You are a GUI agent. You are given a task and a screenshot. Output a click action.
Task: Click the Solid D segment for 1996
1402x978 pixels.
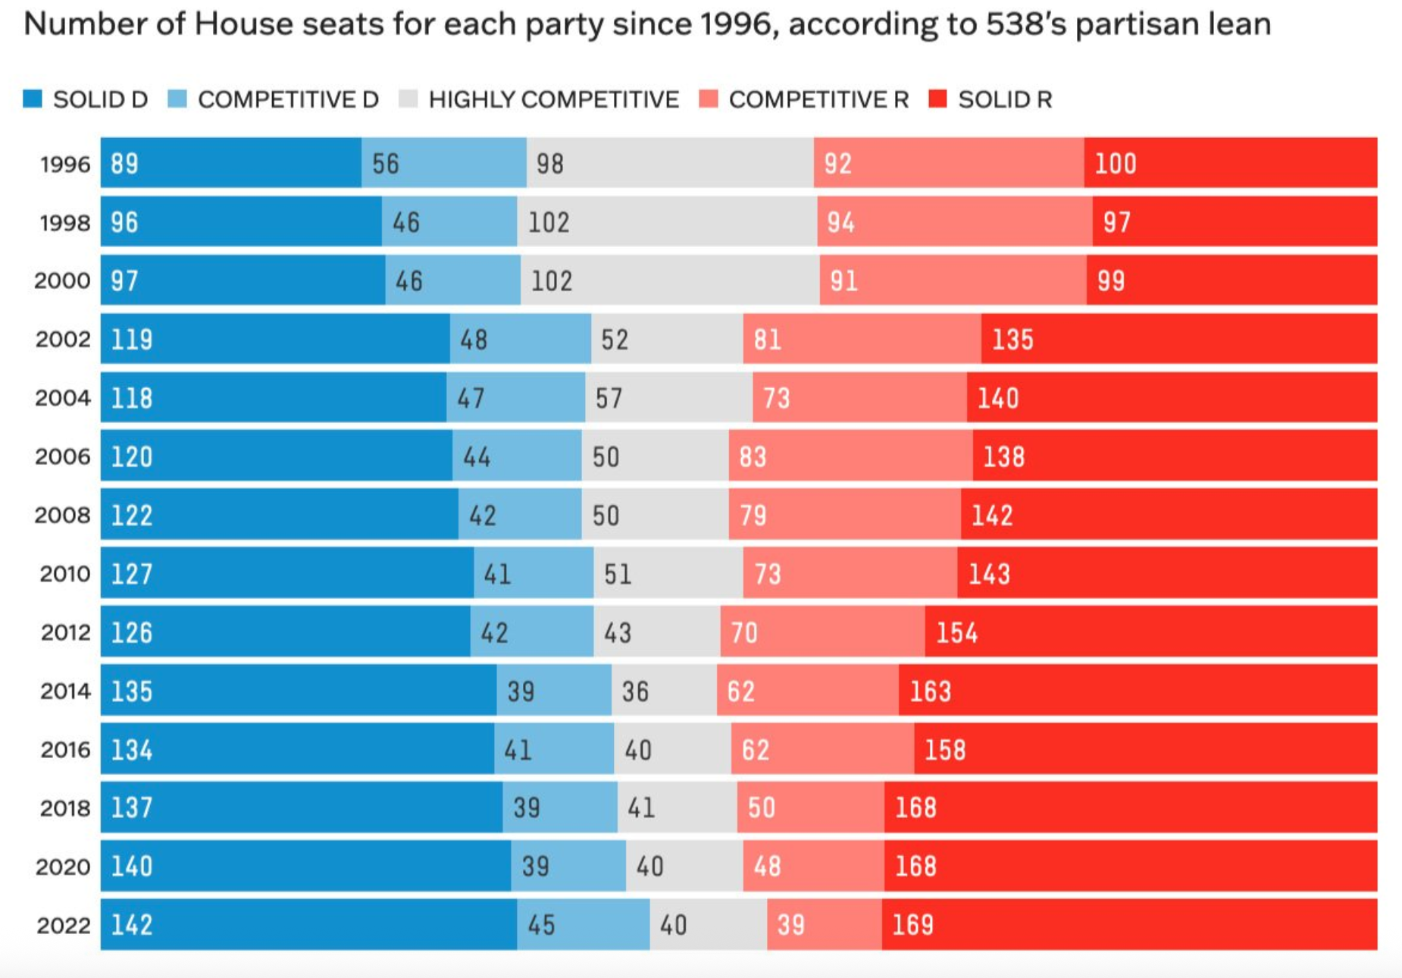[x=231, y=163]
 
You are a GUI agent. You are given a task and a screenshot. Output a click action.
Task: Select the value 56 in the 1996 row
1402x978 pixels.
[x=385, y=164]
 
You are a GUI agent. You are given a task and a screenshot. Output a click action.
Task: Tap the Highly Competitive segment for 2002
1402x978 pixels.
[x=667, y=339]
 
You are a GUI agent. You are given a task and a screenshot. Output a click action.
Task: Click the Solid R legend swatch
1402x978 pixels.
[x=937, y=99]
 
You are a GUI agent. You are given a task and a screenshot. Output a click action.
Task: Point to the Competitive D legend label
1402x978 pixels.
[x=288, y=99]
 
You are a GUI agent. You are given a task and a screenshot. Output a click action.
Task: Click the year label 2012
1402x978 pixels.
[x=65, y=632]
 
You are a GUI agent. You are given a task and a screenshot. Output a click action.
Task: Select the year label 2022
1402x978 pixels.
[x=64, y=925]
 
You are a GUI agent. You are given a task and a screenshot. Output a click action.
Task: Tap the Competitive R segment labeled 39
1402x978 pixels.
[x=824, y=925]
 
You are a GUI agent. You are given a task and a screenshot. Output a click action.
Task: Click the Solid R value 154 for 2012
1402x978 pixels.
[x=956, y=633]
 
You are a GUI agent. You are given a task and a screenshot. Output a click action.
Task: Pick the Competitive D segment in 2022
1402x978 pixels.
[x=584, y=925]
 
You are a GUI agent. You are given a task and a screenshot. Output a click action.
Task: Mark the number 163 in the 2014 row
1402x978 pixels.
[x=930, y=691]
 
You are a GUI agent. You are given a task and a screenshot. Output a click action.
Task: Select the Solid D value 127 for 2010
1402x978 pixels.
[x=132, y=574]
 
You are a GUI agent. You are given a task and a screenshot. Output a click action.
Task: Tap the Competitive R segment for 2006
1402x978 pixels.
[x=850, y=456]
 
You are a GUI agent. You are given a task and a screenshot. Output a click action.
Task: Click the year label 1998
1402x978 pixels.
[x=65, y=222]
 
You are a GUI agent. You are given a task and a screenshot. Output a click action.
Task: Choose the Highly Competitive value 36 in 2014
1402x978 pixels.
[x=635, y=691]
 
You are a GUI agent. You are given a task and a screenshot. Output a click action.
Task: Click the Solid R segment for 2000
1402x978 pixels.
[x=1231, y=281]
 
